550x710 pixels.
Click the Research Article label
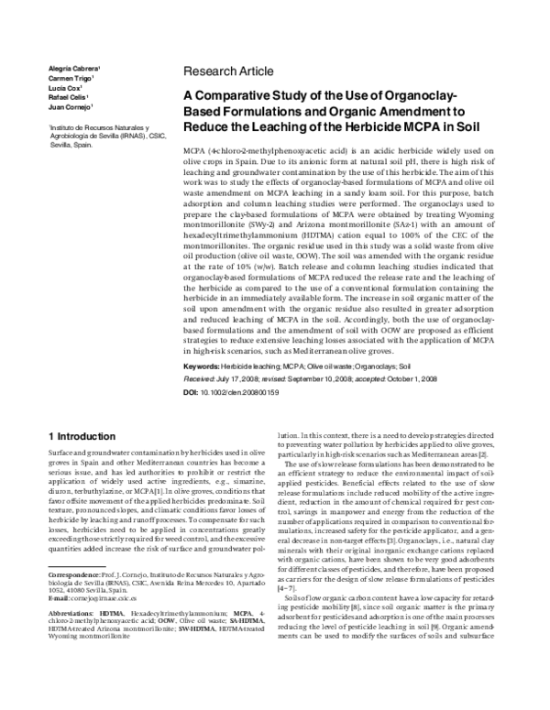[228, 71]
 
